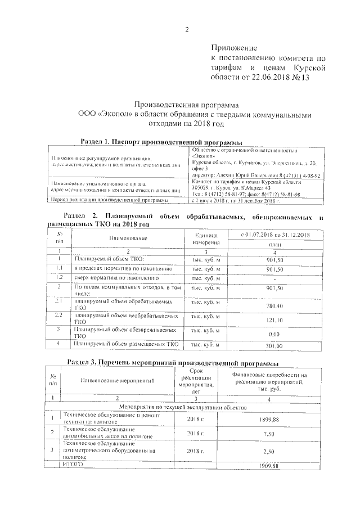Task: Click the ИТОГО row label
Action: [x=73, y=466]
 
